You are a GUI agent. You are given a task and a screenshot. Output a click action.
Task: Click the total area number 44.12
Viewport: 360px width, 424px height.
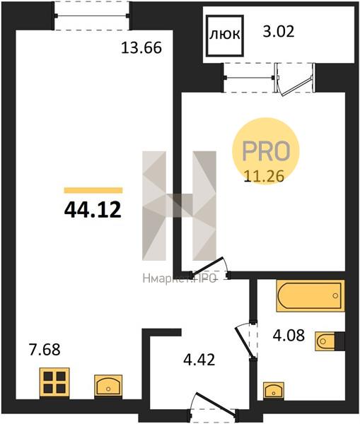tap(93, 211)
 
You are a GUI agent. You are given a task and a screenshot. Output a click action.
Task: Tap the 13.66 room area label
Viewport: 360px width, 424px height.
tap(141, 48)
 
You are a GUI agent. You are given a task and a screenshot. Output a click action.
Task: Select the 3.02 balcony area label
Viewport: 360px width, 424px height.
tap(279, 31)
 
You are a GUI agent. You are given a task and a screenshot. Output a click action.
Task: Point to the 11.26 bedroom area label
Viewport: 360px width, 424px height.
tap(264, 176)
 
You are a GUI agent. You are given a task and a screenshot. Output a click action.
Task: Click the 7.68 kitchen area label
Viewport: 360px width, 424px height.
tap(45, 349)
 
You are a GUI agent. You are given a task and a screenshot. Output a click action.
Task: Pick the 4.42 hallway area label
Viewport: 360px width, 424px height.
tap(199, 360)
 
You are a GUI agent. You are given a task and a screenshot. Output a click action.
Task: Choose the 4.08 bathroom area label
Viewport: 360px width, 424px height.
tap(289, 336)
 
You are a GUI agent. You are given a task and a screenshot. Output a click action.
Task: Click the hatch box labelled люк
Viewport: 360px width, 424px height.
tap(225, 35)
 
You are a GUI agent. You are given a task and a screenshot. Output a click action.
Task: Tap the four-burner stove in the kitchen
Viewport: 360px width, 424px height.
tap(54, 382)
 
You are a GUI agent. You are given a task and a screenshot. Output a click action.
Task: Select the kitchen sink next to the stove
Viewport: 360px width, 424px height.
tap(108, 386)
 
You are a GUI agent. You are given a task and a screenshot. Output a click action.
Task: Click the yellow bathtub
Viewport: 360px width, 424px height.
tap(310, 296)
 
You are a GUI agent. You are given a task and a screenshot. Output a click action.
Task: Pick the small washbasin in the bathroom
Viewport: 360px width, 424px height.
tap(274, 390)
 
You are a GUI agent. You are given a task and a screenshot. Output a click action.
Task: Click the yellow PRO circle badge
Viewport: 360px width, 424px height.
tap(266, 151)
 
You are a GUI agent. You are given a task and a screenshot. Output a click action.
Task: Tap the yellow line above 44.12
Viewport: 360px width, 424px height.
tap(93, 190)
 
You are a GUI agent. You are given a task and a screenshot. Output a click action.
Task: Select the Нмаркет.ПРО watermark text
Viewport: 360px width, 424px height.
tap(179, 278)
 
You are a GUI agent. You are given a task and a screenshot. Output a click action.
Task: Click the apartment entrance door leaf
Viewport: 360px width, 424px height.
tap(216, 404)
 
